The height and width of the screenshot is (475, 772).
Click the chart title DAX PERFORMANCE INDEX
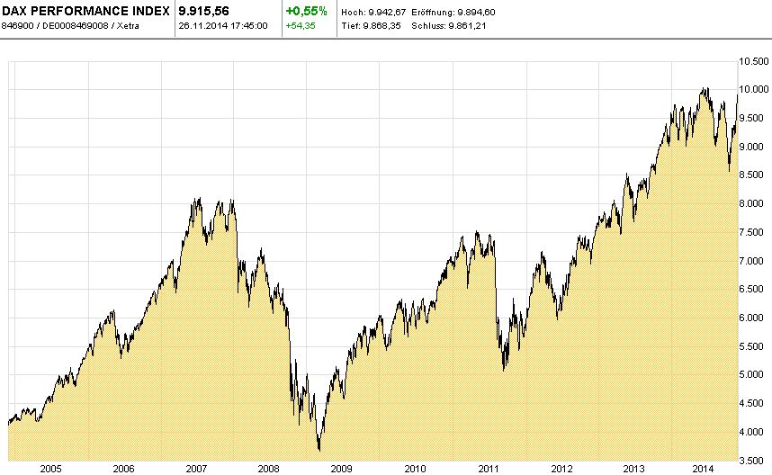pos(85,10)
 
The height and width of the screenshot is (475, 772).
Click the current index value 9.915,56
pos(206,10)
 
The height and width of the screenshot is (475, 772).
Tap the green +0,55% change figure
pos(307,10)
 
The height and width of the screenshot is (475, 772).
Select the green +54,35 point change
pos(300,25)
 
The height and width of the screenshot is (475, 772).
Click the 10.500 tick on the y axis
pos(754,61)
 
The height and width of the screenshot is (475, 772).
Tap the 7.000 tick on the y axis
pos(754,261)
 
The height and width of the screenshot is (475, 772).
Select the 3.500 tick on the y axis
pos(754,460)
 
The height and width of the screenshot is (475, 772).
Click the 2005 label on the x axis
pos(50,469)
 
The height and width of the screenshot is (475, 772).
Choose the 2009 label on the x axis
pos(341,469)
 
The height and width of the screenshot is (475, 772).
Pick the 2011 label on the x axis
pos(488,469)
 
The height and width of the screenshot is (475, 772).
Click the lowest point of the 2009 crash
pos(319,451)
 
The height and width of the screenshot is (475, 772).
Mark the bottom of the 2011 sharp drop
pos(504,370)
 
